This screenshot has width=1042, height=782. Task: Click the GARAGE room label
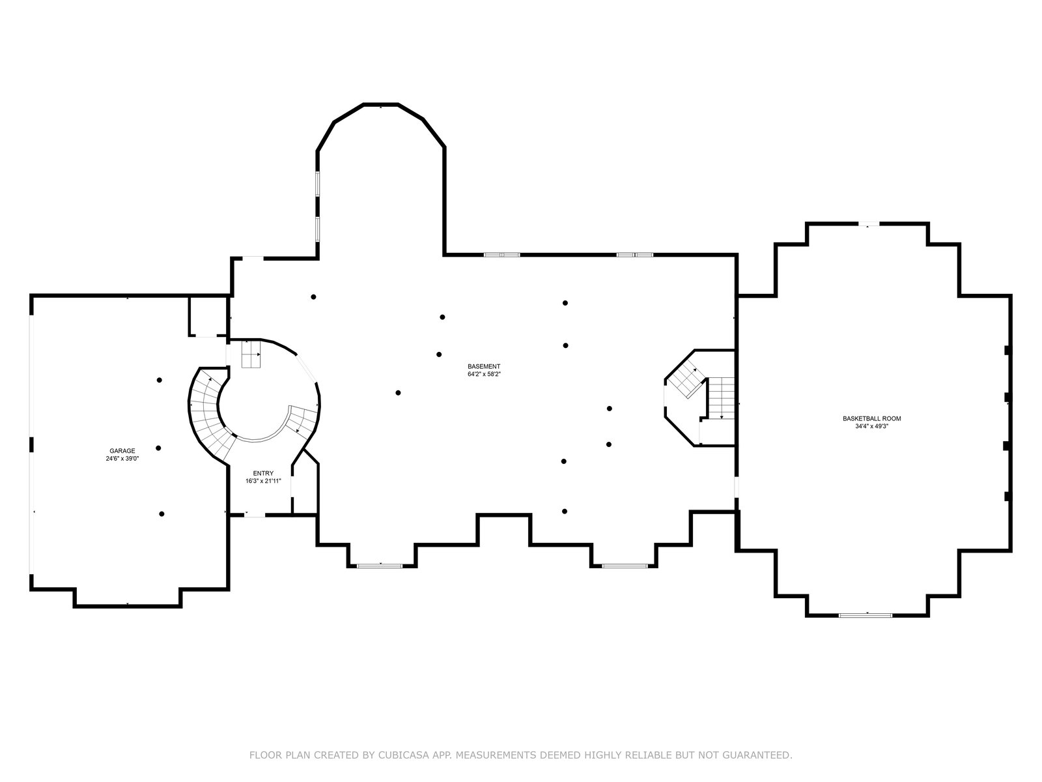(122, 450)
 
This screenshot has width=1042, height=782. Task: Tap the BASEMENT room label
(484, 366)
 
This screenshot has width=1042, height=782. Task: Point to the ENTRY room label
(263, 473)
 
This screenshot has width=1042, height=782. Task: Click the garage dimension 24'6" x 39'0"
(122, 458)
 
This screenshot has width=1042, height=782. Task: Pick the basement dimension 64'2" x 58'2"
(484, 374)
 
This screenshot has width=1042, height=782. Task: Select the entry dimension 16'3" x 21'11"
(263, 481)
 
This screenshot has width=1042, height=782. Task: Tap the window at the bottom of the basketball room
(866, 615)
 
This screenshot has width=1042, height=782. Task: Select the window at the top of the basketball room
(868, 225)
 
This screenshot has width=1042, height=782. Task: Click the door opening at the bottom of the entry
(255, 515)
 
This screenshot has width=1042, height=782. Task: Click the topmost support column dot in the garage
(159, 380)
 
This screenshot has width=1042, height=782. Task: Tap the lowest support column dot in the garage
(162, 514)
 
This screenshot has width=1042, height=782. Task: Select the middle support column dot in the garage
(158, 448)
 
